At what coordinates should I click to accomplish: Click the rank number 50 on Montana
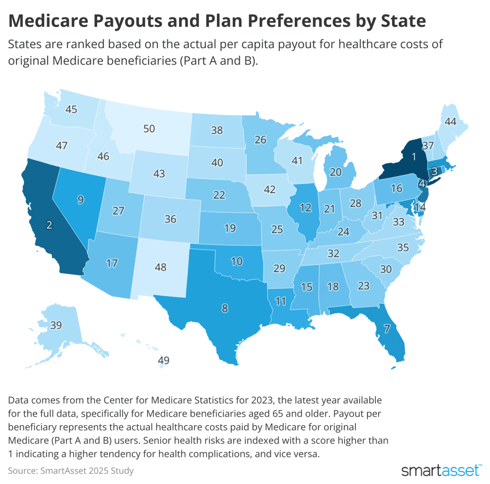(x=149, y=129)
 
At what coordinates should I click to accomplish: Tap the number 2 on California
(x=49, y=225)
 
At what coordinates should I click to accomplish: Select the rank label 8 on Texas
(x=225, y=308)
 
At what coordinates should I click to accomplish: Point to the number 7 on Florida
(x=387, y=329)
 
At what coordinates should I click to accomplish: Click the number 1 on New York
(x=413, y=157)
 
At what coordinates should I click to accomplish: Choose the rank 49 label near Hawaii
(x=164, y=361)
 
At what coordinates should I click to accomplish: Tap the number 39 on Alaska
(x=56, y=325)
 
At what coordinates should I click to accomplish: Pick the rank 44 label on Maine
(x=451, y=122)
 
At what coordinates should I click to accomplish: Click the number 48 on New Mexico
(x=160, y=267)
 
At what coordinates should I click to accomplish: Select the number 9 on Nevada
(x=80, y=200)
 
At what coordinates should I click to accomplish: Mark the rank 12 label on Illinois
(x=305, y=208)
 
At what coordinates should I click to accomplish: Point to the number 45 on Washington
(x=71, y=110)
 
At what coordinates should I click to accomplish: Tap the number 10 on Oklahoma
(x=237, y=261)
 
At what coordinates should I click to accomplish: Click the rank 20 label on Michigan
(x=335, y=172)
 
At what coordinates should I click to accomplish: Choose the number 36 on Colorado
(x=170, y=219)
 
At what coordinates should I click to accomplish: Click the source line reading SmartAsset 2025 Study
(x=71, y=471)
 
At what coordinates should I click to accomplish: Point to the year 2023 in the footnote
(x=262, y=400)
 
